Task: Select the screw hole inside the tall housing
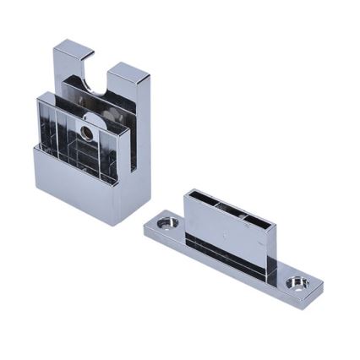[87, 133]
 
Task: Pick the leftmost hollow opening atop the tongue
[205, 200]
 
